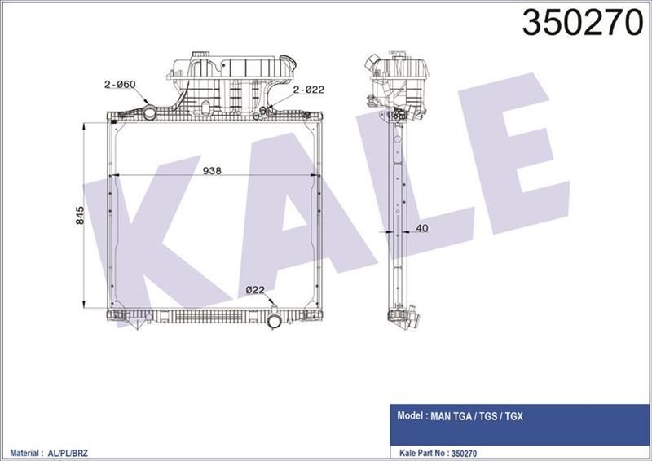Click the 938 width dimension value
212,170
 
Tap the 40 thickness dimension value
421,229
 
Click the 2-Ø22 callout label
309,90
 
